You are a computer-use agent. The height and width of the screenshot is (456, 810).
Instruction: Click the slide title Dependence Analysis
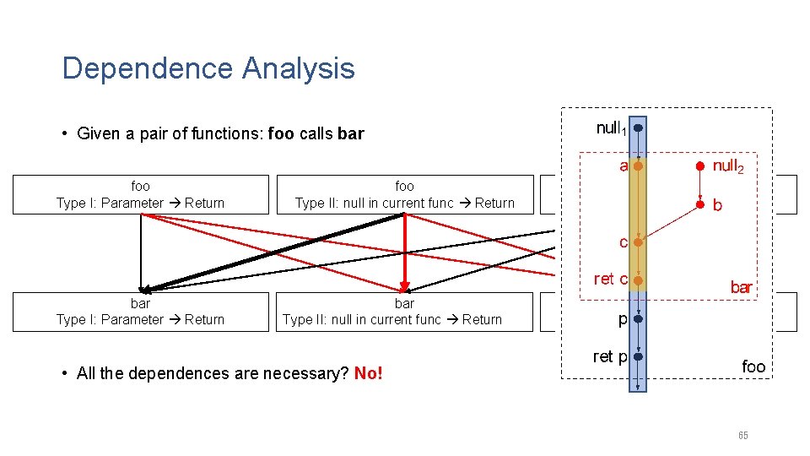208,68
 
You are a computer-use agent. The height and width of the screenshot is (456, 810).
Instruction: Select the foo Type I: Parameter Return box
141,194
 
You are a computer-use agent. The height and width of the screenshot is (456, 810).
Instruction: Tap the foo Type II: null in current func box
405,194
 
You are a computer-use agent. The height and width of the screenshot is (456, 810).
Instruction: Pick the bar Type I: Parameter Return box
141,312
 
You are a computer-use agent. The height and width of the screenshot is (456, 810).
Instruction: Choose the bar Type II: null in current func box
405,312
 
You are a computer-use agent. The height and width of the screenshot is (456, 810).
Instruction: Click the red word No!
369,373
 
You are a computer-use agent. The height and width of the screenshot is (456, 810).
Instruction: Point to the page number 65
742,436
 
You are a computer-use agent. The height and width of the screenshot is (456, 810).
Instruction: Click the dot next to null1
639,128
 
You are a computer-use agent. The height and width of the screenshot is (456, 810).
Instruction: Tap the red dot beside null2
700,166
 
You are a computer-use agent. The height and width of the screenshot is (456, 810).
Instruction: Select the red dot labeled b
700,204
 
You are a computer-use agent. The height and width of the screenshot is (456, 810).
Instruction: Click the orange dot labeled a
639,166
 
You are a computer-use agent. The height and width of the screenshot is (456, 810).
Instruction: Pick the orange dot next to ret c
639,280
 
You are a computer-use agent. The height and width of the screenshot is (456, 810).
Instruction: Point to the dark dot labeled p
639,320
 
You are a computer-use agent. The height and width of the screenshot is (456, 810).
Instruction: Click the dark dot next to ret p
639,357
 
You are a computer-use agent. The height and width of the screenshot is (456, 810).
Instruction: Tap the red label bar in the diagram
741,288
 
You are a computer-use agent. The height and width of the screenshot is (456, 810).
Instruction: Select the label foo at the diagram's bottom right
753,366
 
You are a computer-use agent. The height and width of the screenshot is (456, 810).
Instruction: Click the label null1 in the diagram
611,129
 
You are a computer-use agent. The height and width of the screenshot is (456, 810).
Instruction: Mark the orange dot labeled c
639,242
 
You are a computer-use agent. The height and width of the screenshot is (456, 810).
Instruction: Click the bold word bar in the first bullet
350,133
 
